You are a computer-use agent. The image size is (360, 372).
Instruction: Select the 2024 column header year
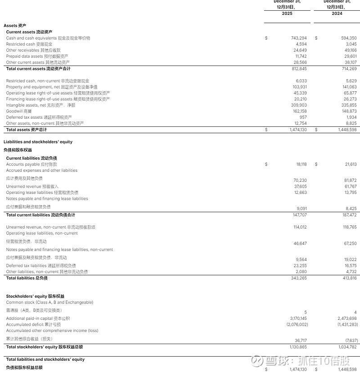click(x=337, y=13)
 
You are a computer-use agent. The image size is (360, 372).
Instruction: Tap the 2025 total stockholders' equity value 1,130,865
click(x=297, y=347)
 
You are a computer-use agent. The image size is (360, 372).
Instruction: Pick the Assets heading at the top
click(x=15, y=26)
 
